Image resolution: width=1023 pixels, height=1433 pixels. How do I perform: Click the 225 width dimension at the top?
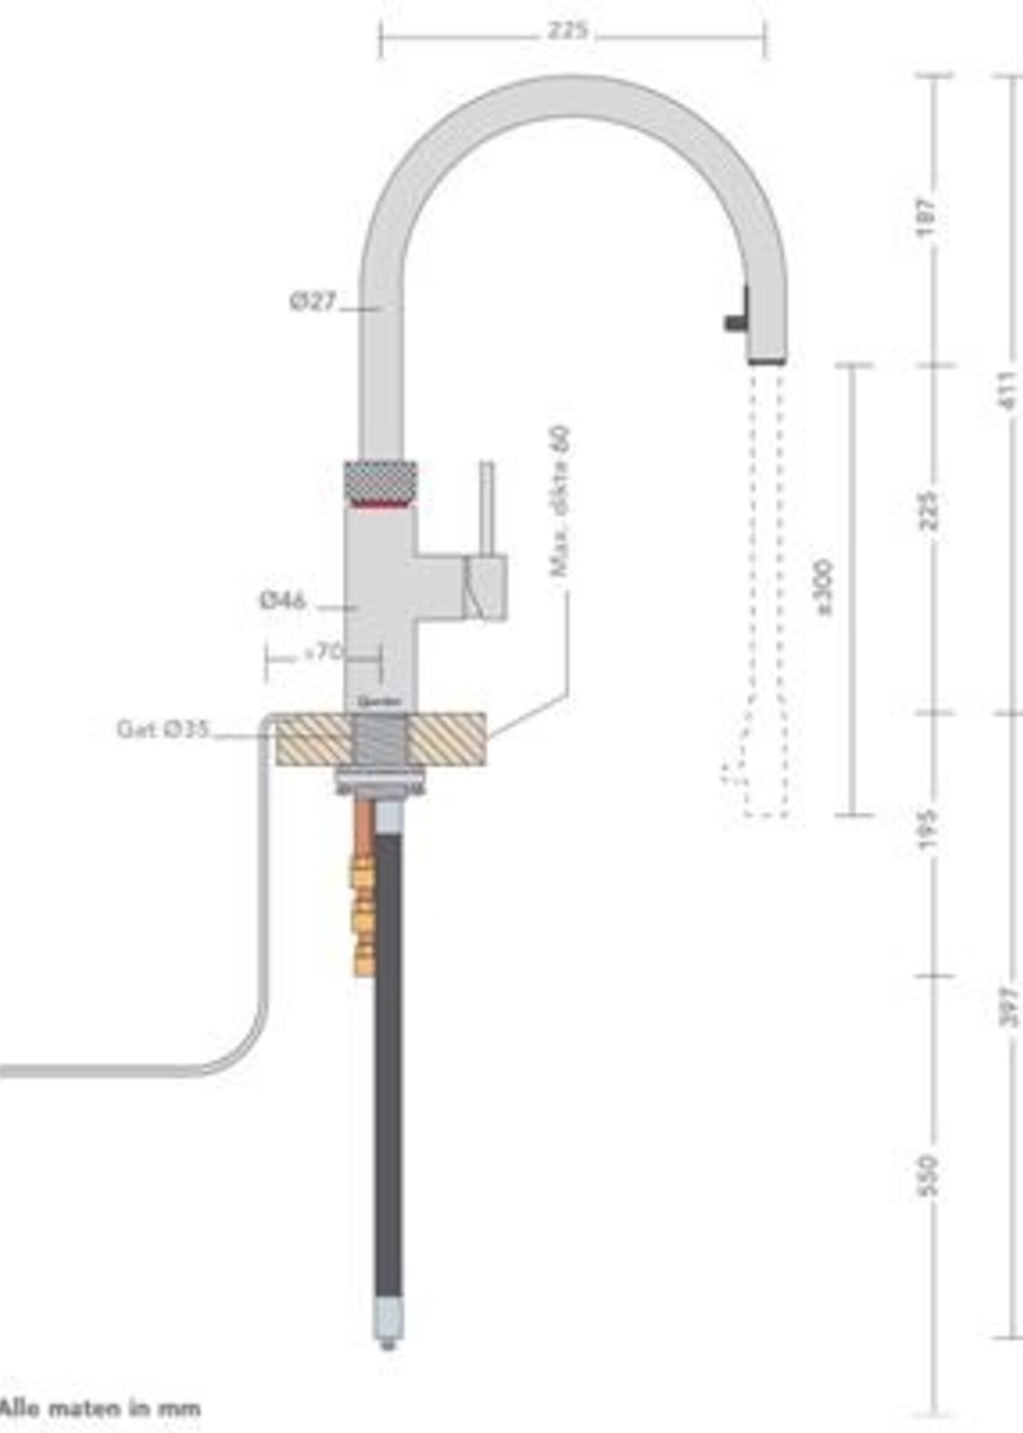567,31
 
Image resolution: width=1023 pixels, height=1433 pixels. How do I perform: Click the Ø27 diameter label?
313,302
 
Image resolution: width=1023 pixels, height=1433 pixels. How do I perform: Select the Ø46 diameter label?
283,600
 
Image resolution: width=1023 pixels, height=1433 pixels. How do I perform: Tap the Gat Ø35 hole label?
162,730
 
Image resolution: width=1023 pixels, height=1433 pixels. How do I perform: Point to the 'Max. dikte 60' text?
559,501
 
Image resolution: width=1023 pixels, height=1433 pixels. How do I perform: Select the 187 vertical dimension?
926,217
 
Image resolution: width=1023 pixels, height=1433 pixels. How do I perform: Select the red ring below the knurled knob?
380,504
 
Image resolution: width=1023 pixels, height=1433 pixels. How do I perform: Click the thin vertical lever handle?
486,508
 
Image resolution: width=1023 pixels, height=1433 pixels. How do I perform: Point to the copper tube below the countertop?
364,825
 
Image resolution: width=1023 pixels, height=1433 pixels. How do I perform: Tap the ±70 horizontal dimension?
323,652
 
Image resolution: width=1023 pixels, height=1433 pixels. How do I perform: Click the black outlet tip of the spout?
767,361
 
